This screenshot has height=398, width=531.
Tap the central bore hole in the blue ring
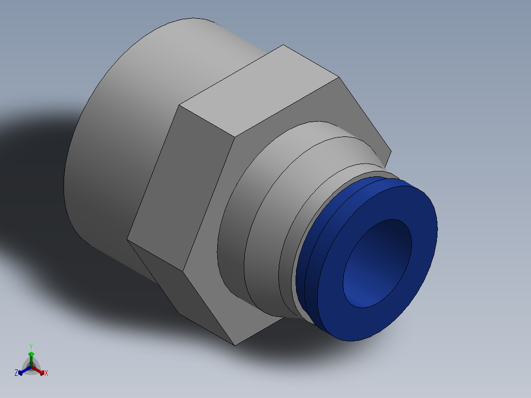(376, 264)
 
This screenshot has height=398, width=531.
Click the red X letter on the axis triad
(46, 373)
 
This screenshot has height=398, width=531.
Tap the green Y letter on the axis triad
(31, 346)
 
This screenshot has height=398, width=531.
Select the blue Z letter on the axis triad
(16, 373)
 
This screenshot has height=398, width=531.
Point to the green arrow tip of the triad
(31, 354)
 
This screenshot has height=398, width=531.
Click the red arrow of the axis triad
(40, 371)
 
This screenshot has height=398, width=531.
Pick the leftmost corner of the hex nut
(128, 239)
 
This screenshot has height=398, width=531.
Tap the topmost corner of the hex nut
(283, 45)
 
